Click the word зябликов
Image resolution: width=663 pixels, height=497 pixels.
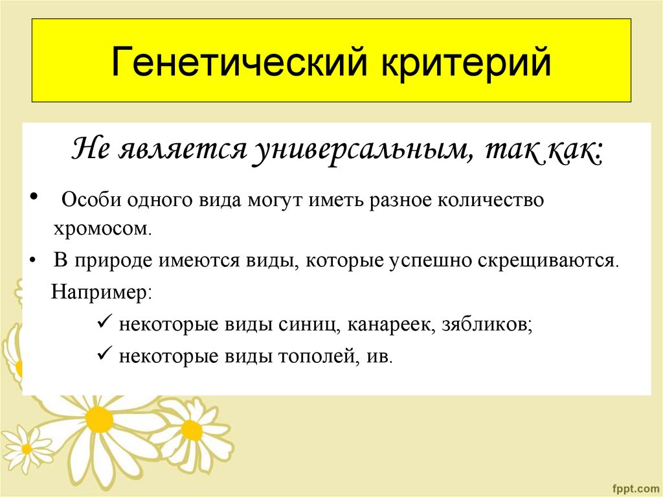click(487, 324)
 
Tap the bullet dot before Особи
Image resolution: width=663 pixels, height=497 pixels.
click(34, 196)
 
